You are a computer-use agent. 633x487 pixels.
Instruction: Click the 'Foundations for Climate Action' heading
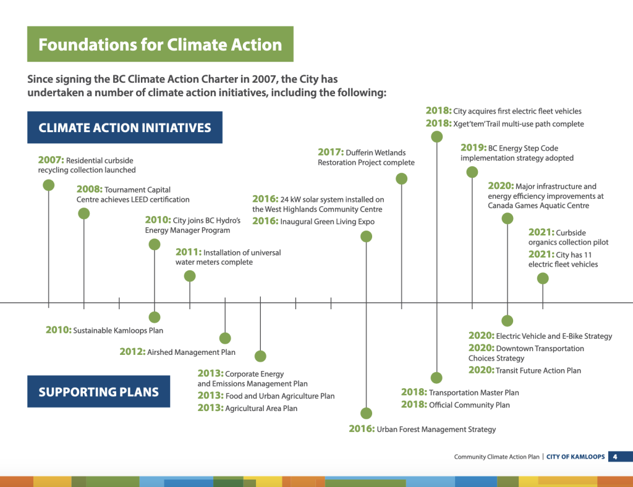click(x=160, y=44)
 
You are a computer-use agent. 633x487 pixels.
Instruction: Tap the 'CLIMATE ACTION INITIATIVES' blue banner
click(x=125, y=128)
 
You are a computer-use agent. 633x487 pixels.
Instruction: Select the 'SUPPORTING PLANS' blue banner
click(x=99, y=391)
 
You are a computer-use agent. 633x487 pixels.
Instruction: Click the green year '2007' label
click(x=51, y=160)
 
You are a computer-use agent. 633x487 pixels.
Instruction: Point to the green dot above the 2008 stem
click(x=84, y=214)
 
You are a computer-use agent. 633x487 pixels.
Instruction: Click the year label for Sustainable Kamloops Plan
click(x=58, y=330)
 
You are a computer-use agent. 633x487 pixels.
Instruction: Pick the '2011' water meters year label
click(x=189, y=252)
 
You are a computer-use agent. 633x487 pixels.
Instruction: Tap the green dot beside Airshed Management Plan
click(x=225, y=338)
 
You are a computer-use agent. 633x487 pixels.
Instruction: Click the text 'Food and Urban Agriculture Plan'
click(x=279, y=396)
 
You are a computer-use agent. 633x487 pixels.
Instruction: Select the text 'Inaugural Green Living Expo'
click(x=327, y=222)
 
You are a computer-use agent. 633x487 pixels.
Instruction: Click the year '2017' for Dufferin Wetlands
click(x=331, y=152)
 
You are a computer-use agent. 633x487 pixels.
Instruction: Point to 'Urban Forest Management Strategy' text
click(x=436, y=429)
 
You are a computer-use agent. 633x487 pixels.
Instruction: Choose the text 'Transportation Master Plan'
click(x=474, y=393)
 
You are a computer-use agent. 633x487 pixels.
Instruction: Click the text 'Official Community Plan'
click(x=469, y=405)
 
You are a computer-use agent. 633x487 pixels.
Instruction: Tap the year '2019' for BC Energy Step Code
click(x=474, y=148)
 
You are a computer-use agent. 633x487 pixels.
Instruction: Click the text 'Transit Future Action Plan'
click(x=538, y=370)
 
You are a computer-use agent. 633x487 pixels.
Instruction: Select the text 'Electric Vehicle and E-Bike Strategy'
click(x=554, y=336)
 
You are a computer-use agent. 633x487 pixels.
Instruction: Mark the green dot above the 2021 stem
click(x=543, y=278)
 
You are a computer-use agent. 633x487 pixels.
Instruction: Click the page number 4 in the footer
click(x=615, y=457)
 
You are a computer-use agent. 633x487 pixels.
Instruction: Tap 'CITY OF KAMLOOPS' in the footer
click(x=576, y=457)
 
